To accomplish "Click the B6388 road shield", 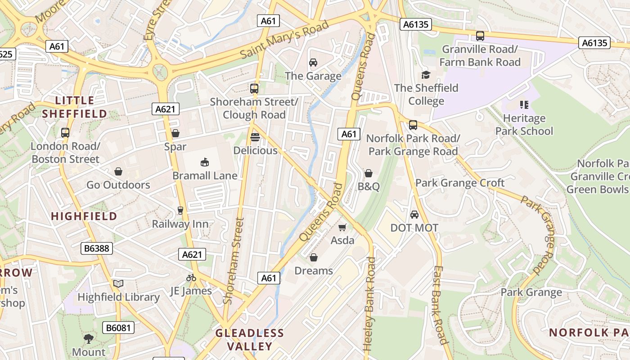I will (97, 248).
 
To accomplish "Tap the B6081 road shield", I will (119, 328).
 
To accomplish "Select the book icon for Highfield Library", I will (118, 284).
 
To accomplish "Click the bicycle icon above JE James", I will (191, 278).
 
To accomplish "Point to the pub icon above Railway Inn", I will (180, 211).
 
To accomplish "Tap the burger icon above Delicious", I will (255, 137).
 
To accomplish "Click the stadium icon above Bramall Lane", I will (205, 162).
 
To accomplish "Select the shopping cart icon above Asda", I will (342, 227).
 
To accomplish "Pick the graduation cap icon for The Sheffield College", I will (426, 75).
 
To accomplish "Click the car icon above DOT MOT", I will (414, 215).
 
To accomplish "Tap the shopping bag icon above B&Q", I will (369, 173).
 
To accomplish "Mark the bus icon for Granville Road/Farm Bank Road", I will (480, 36).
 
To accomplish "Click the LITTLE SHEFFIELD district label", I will (75, 107).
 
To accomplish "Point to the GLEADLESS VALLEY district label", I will (250, 340).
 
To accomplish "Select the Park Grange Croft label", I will (460, 183).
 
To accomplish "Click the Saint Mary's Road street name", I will (284, 40).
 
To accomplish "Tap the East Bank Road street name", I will (439, 305).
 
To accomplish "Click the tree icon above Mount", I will (89, 338).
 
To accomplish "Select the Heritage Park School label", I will (524, 125).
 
